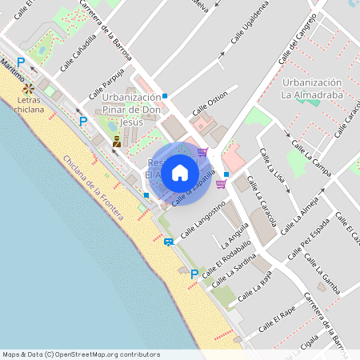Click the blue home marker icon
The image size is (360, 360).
tap(180, 173)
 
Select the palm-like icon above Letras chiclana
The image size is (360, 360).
tap(28, 87)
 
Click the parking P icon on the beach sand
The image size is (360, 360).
tap(193, 274)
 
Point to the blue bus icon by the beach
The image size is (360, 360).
tap(168, 241)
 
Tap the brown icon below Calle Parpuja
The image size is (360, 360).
tap(117, 142)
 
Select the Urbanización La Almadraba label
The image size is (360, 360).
tap(313, 89)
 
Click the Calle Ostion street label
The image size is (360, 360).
tap(210, 106)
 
